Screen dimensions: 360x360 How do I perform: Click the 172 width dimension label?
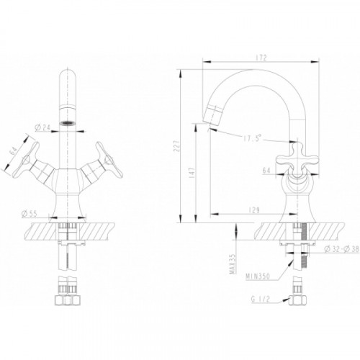coord(261,58)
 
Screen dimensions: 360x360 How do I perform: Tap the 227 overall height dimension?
coord(177,146)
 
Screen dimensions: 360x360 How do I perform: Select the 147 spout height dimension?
coord(192,173)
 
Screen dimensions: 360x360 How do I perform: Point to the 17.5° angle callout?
coord(252,138)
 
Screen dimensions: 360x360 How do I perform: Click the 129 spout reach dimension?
coord(254,210)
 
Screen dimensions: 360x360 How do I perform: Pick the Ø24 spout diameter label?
coord(42,127)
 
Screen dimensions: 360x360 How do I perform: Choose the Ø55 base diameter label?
coord(30,214)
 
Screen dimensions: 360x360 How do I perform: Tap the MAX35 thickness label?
coord(233,264)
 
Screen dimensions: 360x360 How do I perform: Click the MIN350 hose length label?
coord(258,276)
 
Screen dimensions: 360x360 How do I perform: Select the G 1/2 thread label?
coord(261,300)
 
